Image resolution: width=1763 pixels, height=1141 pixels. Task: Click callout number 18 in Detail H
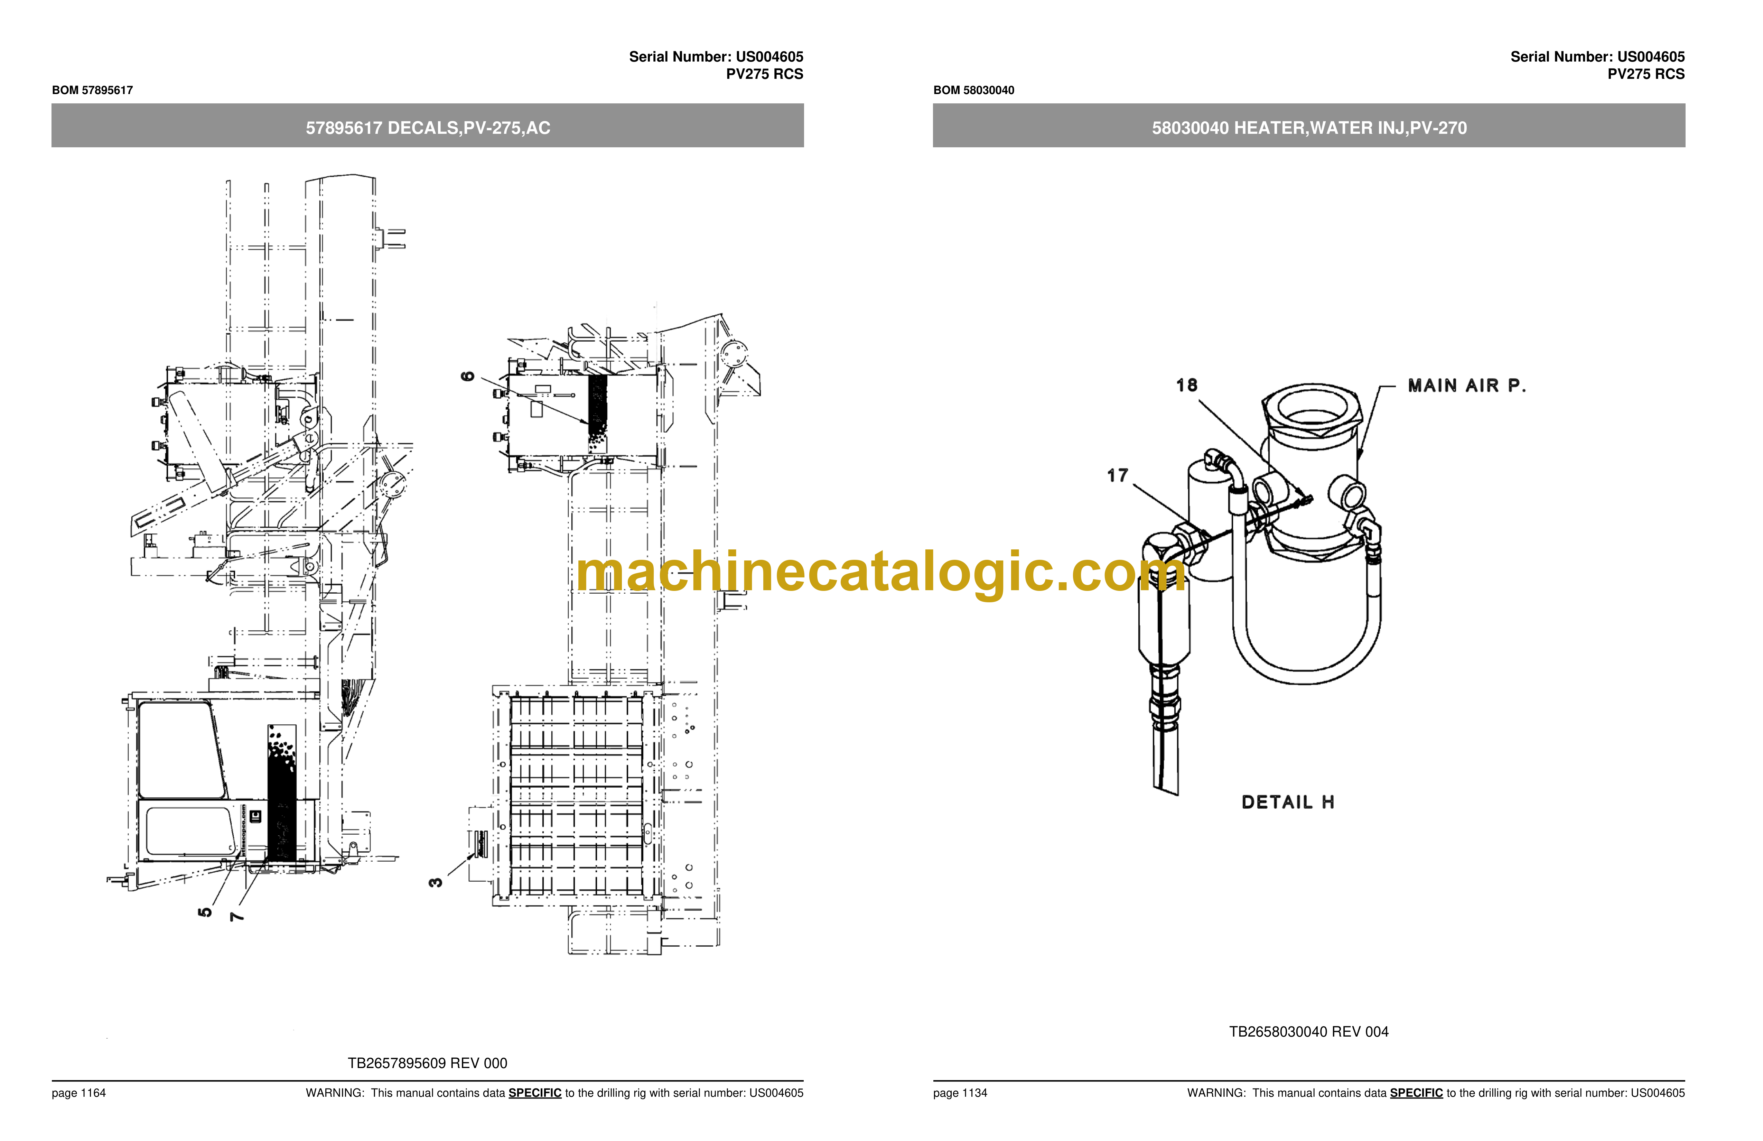(1187, 385)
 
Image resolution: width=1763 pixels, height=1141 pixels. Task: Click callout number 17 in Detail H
(1118, 476)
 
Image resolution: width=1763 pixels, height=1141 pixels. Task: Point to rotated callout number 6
(467, 377)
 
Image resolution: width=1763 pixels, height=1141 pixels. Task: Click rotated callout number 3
(436, 882)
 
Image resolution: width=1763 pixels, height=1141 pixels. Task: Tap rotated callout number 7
(236, 917)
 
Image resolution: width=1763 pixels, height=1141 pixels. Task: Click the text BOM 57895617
(93, 90)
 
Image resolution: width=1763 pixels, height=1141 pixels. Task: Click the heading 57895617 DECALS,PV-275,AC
(428, 128)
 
